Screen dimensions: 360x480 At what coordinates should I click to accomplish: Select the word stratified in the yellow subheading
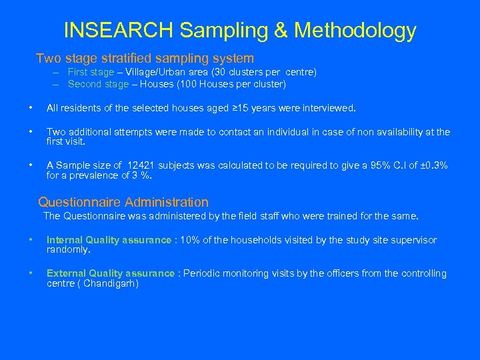122,59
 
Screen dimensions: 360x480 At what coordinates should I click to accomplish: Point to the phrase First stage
91,72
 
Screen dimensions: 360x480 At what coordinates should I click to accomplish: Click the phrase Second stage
98,84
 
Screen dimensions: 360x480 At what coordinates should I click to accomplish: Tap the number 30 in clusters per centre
217,72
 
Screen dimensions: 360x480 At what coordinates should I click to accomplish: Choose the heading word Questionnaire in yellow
79,202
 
